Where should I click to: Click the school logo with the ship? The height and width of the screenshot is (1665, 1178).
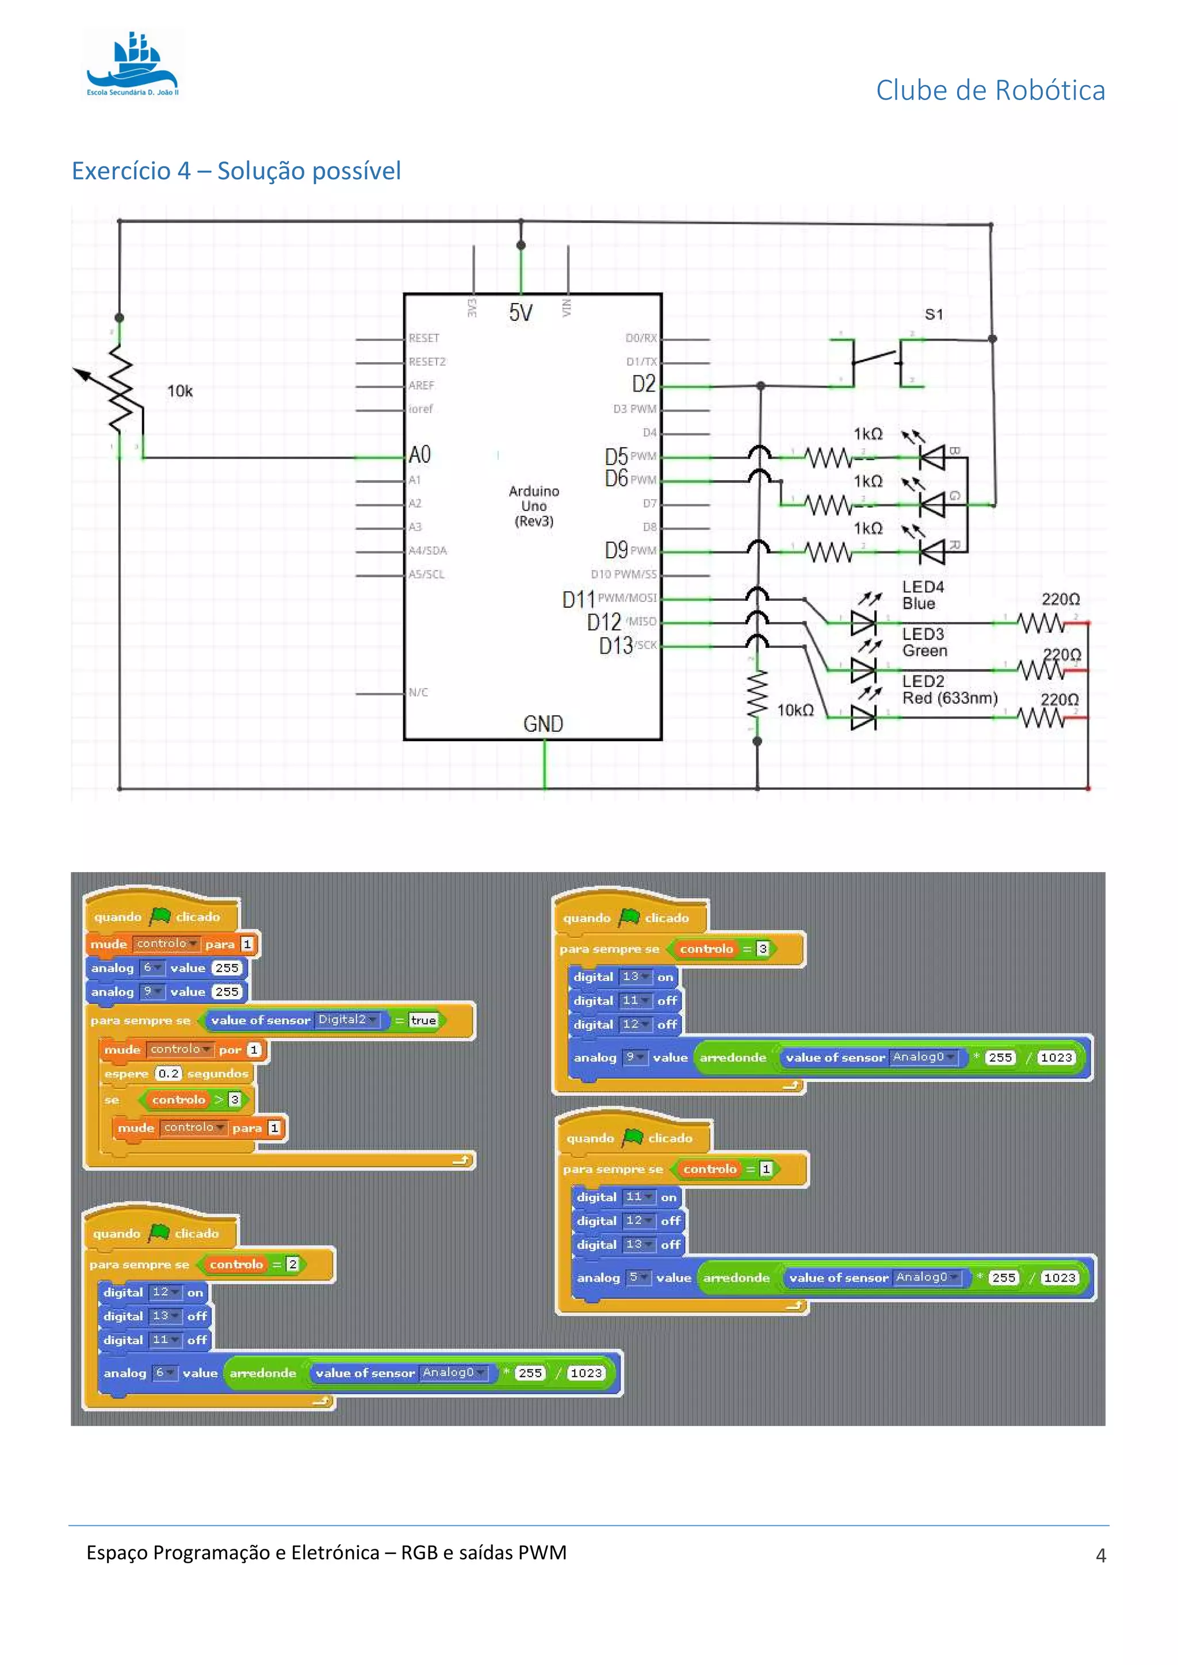tap(133, 64)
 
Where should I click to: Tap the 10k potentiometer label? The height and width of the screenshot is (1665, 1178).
tap(180, 392)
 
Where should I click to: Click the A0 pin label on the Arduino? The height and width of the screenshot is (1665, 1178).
tap(420, 455)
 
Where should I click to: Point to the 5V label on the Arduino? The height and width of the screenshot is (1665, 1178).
tap(520, 313)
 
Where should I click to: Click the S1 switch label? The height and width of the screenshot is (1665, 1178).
tap(934, 314)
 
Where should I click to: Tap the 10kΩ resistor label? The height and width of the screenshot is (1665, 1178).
tap(795, 710)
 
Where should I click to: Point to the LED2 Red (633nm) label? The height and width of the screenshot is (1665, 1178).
tap(948, 690)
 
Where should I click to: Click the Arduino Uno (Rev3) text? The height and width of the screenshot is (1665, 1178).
tap(534, 506)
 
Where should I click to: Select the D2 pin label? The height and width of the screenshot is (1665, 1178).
tap(644, 383)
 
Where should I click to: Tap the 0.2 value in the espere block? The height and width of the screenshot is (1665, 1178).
tap(169, 1073)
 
